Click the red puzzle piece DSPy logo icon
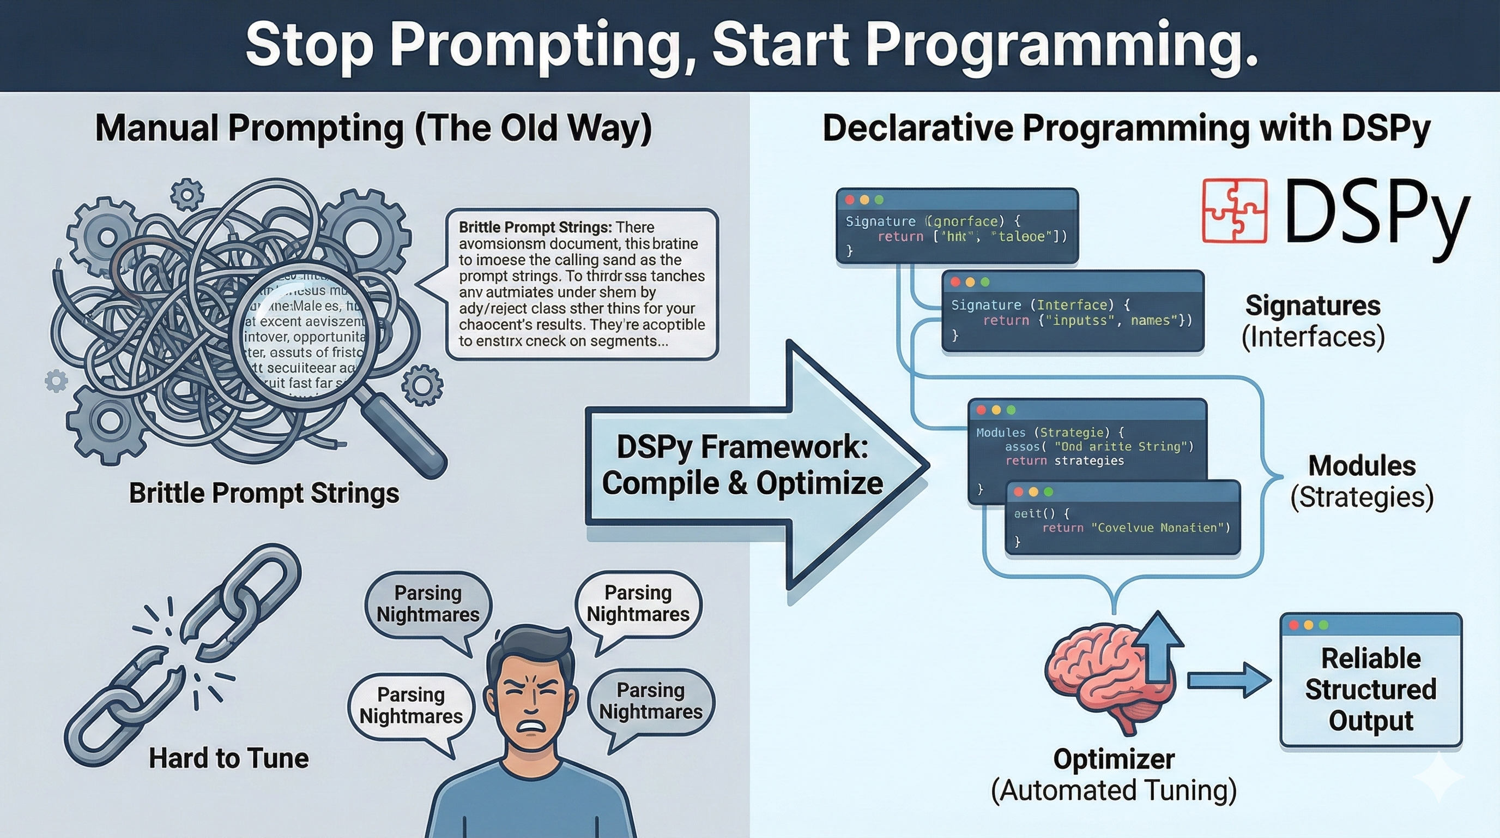[x=1235, y=211]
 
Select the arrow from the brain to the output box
[x=1229, y=680]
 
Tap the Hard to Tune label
[x=228, y=758]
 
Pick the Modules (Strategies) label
[x=1362, y=481]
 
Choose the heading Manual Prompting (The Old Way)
[x=373, y=128]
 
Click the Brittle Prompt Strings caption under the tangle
[x=264, y=493]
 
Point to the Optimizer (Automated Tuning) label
[x=1114, y=775]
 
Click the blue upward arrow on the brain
[x=1159, y=647]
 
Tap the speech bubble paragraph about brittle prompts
[x=581, y=284]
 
